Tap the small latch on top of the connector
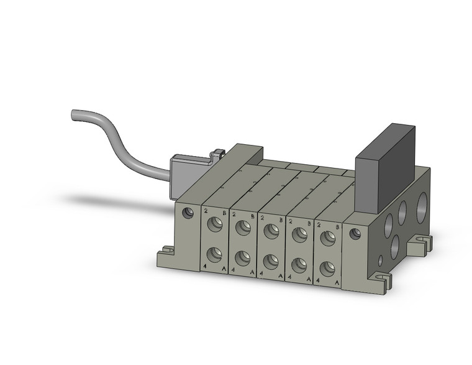(x=217, y=152)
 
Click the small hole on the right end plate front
(x=354, y=234)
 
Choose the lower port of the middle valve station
(x=271, y=261)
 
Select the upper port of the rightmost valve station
(x=327, y=238)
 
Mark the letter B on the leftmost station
(x=224, y=213)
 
